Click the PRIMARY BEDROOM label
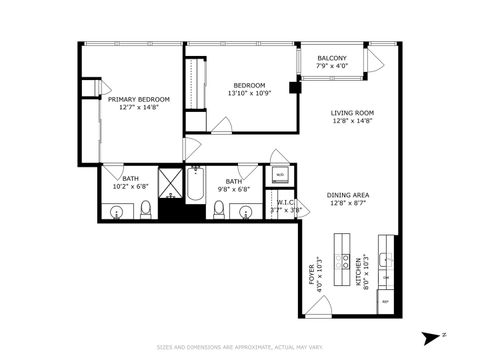[x=138, y=100]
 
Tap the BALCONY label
[x=332, y=59]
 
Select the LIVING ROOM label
[x=352, y=113]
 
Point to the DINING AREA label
[x=348, y=195]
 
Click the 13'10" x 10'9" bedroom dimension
[x=248, y=94]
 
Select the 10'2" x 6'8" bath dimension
[x=129, y=186]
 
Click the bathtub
[x=196, y=184]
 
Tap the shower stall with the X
[x=170, y=184]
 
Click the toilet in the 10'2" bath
[x=146, y=209]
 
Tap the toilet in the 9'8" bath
[x=219, y=209]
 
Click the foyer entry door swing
[x=312, y=301]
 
